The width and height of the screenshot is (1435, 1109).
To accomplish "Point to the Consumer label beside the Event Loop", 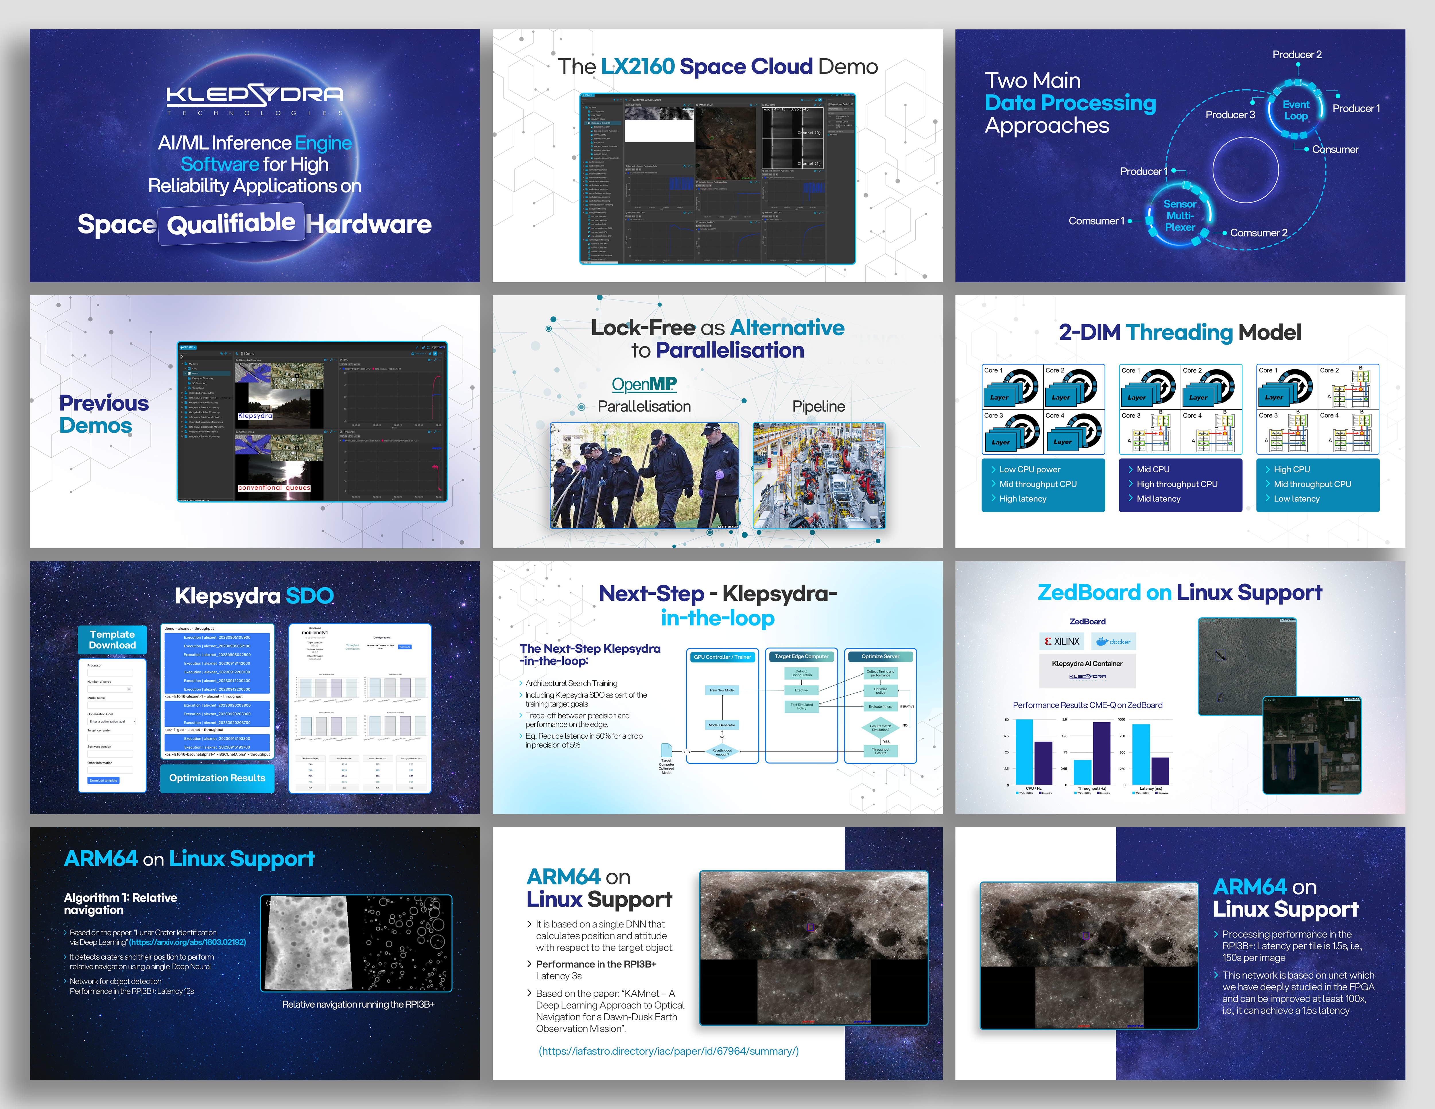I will coord(1335,149).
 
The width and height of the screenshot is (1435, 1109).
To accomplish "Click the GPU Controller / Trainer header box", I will coord(722,657).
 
